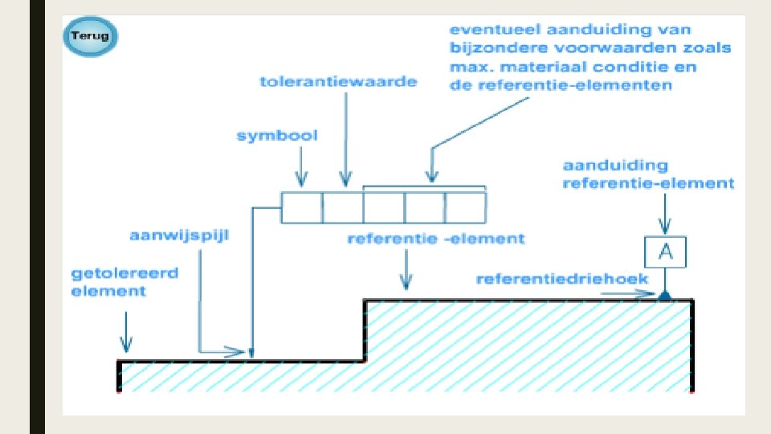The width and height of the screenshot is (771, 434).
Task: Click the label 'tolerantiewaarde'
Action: (338, 83)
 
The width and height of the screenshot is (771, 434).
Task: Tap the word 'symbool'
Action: (277, 135)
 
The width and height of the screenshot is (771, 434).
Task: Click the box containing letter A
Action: (664, 252)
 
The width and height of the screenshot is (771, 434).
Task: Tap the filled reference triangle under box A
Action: (664, 296)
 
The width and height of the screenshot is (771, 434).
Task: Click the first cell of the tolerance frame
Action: (302, 207)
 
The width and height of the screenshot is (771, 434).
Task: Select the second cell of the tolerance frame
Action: (343, 207)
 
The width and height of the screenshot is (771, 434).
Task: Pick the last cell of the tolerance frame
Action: (466, 207)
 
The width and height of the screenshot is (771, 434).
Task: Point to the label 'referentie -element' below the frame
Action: (435, 239)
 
